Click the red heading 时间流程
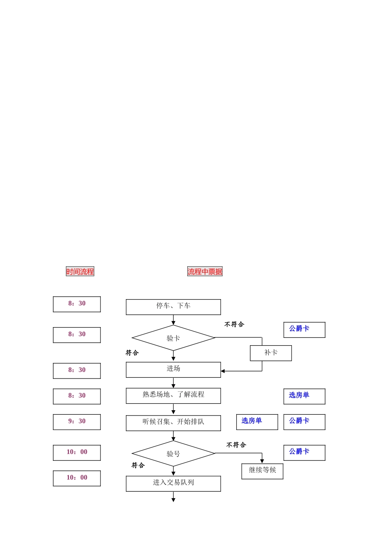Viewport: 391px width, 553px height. (x=80, y=272)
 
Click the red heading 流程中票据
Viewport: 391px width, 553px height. (x=205, y=272)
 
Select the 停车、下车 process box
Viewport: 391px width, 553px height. (x=173, y=307)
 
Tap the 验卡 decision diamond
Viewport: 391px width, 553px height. (x=173, y=338)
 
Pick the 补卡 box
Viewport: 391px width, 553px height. (x=271, y=353)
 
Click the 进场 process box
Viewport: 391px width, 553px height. (x=173, y=369)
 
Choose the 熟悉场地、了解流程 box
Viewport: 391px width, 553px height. (x=173, y=395)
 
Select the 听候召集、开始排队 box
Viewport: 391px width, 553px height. (x=173, y=423)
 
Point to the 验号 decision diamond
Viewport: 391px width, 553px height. (x=173, y=453)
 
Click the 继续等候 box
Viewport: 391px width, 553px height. (x=262, y=471)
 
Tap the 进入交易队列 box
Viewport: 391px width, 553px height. (x=173, y=483)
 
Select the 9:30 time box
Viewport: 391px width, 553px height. (x=77, y=422)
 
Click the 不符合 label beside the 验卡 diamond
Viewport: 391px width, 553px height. (x=234, y=325)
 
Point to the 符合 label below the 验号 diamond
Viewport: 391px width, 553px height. (x=138, y=465)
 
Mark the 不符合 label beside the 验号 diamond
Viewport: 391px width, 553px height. (x=236, y=445)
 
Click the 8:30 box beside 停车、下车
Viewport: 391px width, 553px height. (x=77, y=304)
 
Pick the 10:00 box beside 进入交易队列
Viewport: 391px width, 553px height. (x=77, y=478)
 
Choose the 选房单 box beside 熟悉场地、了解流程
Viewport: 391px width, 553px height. (x=304, y=396)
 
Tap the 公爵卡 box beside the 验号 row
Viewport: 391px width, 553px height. (x=304, y=453)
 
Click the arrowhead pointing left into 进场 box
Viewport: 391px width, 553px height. (x=223, y=371)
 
